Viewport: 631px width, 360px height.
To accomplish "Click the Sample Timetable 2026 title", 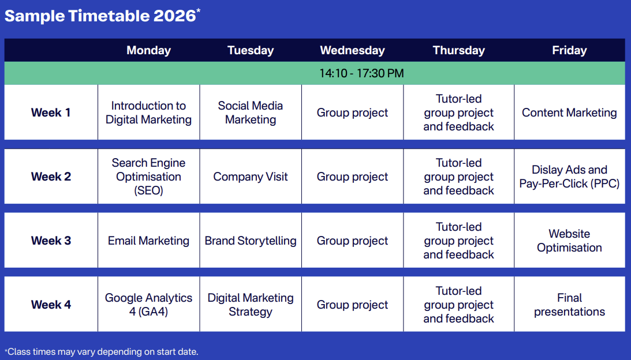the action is (x=102, y=16).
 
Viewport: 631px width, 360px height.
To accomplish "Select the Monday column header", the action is (x=148, y=50).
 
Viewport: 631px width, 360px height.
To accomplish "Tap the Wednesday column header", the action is (x=352, y=50).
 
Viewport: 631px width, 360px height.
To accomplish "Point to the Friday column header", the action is (x=569, y=50).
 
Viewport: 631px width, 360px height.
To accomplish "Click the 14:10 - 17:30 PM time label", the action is (x=361, y=73).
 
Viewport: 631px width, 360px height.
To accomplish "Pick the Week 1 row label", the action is (x=51, y=112).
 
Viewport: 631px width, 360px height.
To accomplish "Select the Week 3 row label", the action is (x=51, y=241).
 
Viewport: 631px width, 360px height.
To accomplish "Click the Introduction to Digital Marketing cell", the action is (x=148, y=112).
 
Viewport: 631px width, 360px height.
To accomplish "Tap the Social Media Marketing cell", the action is (x=251, y=112).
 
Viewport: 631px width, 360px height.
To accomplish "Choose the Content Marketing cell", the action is (x=569, y=112).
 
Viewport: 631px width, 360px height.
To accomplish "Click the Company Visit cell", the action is (x=251, y=177).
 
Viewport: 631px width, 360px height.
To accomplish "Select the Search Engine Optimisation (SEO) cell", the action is (x=148, y=177).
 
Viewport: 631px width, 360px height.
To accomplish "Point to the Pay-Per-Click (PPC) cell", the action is (x=569, y=177).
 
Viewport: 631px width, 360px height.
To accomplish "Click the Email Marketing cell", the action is (x=148, y=241).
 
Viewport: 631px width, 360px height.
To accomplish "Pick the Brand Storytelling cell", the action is (x=251, y=241).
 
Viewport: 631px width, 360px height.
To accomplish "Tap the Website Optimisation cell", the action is (x=569, y=241).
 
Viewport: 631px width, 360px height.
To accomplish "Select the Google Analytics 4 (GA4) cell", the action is (x=148, y=305).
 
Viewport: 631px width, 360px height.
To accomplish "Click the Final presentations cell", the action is (x=569, y=305).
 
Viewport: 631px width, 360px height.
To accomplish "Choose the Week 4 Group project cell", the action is (x=352, y=305).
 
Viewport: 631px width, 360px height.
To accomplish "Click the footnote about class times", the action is (x=102, y=351).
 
